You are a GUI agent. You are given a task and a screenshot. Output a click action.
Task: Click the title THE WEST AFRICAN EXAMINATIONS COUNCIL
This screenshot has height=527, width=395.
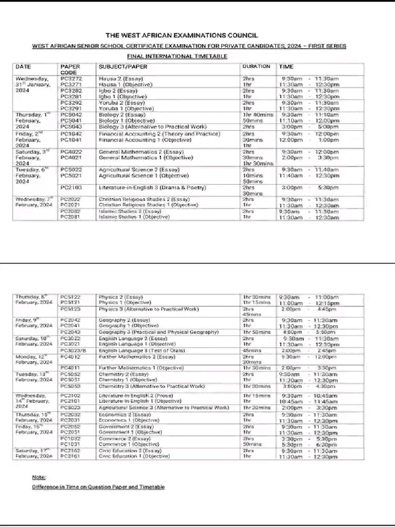click(189, 36)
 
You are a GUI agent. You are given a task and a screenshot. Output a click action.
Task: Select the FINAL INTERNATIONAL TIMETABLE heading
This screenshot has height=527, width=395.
click(177, 56)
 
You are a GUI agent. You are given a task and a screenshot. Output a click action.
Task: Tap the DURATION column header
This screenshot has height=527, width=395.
click(256, 66)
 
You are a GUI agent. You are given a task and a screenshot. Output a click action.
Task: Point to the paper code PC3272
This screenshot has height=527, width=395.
click(71, 79)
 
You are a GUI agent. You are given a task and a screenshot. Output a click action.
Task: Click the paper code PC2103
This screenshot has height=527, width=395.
click(71, 188)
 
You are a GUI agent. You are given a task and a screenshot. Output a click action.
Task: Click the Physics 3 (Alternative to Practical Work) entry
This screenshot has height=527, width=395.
click(148, 309)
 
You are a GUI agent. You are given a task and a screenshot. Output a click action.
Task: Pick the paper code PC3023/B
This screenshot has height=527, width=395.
click(74, 350)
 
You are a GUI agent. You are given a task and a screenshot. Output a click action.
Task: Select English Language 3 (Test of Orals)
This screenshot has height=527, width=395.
click(141, 350)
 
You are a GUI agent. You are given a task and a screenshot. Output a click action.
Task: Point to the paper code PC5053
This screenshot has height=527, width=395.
click(70, 386)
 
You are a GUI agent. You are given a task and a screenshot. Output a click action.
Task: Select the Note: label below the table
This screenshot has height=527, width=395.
click(39, 477)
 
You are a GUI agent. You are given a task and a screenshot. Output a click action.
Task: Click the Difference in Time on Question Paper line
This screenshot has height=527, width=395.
click(98, 486)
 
